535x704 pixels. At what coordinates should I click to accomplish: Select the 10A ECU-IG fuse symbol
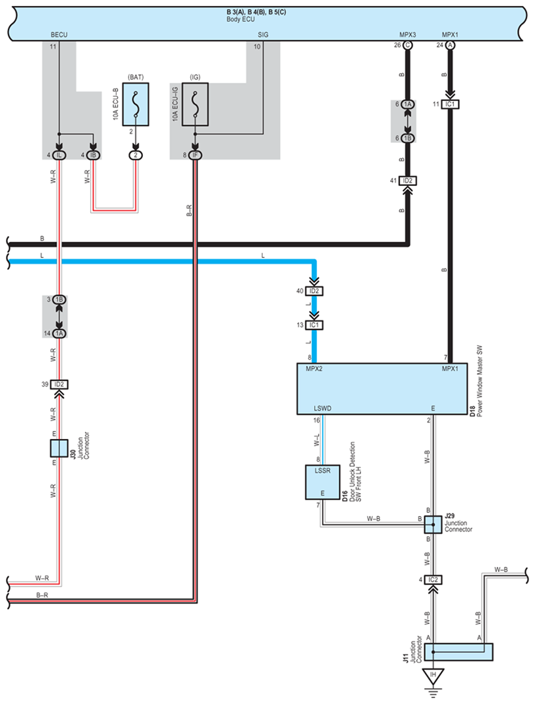tap(195, 103)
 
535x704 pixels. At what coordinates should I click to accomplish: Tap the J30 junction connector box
tap(59, 448)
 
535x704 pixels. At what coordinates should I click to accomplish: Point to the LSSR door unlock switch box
tap(322, 482)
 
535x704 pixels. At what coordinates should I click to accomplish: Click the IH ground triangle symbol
tap(433, 676)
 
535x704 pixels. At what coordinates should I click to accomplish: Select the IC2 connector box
tap(433, 580)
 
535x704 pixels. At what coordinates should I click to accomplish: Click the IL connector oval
tap(59, 155)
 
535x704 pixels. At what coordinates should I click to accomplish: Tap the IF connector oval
tap(195, 155)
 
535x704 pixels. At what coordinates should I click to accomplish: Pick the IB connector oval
tap(94, 155)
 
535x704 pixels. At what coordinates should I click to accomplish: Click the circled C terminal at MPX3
tap(407, 45)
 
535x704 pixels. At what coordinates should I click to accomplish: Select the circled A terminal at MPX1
tap(450, 45)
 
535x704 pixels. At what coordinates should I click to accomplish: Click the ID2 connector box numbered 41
tap(407, 181)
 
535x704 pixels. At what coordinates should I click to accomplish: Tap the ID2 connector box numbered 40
tap(314, 291)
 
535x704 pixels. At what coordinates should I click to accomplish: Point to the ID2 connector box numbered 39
tap(59, 384)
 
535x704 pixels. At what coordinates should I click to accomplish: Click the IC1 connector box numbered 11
tap(451, 104)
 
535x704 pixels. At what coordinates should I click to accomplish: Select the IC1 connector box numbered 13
tap(314, 325)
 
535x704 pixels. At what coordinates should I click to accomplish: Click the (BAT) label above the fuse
tap(136, 77)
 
